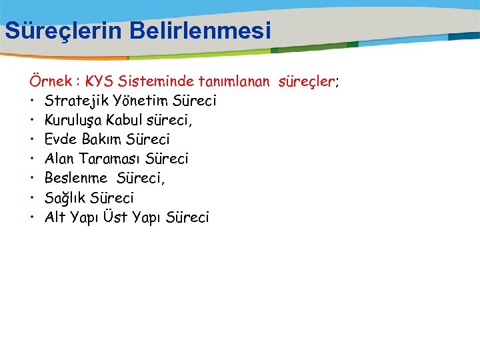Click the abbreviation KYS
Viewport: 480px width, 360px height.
tap(102, 82)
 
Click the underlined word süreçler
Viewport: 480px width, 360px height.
tap(306, 82)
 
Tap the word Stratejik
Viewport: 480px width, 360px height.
tap(74, 101)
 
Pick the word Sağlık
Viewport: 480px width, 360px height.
tap(66, 198)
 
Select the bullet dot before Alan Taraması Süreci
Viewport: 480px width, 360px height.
tap(32, 159)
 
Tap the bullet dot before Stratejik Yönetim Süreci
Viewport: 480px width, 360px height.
tap(32, 101)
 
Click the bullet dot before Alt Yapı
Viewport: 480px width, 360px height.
tap(32, 217)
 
